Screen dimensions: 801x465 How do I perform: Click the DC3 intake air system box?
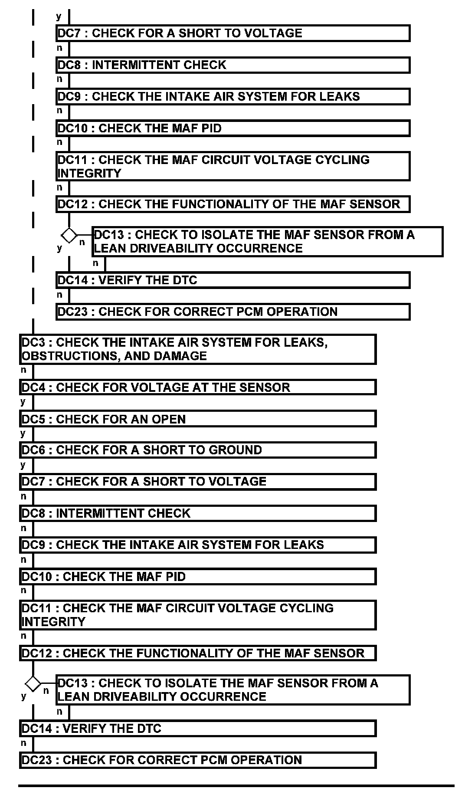(198, 349)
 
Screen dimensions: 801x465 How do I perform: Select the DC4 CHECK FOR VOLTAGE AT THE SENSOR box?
(198, 387)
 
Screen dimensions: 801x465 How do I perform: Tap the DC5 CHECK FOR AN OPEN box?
(198, 419)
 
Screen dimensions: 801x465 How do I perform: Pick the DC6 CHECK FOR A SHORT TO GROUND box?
(198, 450)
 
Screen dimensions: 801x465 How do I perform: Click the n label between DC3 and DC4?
(23, 370)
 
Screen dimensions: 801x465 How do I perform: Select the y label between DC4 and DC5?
(23, 402)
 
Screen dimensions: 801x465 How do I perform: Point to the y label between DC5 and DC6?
(23, 433)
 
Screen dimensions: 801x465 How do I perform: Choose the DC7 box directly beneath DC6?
(198, 482)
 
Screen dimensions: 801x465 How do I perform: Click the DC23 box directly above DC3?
(233, 312)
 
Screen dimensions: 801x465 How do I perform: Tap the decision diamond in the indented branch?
(69, 236)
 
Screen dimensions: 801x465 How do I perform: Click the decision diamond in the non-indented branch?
(33, 684)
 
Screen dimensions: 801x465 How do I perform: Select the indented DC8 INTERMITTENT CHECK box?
(233, 65)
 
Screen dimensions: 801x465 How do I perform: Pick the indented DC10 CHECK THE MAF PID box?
(233, 128)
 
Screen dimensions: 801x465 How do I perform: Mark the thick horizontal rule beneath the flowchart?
(236, 785)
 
